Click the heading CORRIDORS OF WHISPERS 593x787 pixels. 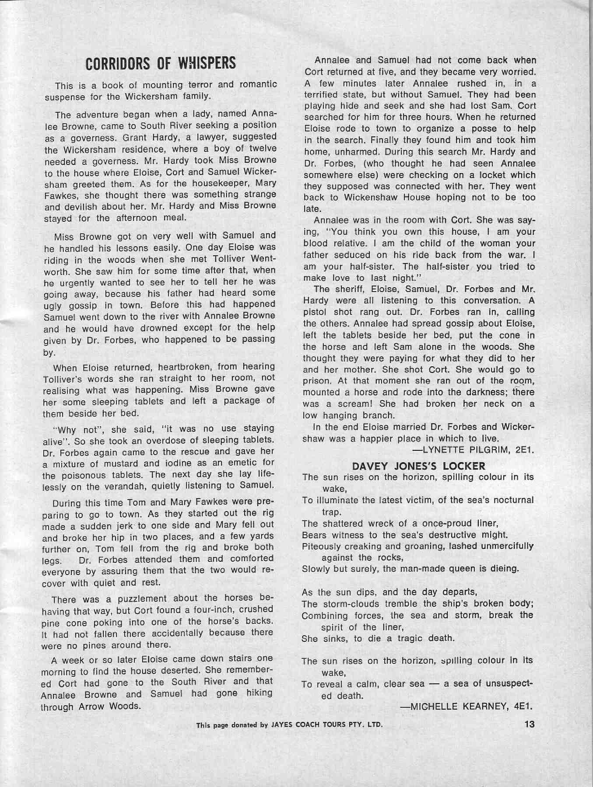pos(161,63)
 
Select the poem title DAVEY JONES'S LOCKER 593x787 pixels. pos(418,466)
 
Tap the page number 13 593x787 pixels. pos(529,724)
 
